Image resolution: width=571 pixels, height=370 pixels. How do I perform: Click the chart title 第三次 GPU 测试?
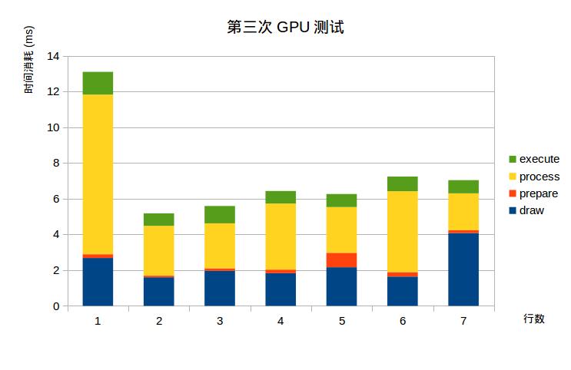pyautogui.click(x=285, y=28)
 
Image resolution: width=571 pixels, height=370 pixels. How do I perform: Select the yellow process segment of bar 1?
pyautogui.click(x=98, y=174)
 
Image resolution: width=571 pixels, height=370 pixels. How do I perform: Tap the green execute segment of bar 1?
pyautogui.click(x=98, y=83)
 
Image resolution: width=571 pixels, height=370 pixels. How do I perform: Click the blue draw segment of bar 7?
pyautogui.click(x=463, y=269)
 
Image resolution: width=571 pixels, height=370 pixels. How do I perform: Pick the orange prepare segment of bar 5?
pyautogui.click(x=341, y=260)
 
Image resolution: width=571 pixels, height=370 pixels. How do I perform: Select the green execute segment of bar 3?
pyautogui.click(x=220, y=214)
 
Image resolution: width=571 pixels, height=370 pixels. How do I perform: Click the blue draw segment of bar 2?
pyautogui.click(x=159, y=292)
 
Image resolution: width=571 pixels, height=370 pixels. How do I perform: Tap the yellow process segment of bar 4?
pyautogui.click(x=281, y=236)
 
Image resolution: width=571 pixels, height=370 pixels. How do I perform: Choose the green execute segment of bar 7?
pyautogui.click(x=463, y=187)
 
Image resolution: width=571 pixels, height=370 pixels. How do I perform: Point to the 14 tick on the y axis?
pyautogui.click(x=53, y=56)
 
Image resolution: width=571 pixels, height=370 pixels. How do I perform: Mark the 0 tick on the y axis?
pyautogui.click(x=55, y=306)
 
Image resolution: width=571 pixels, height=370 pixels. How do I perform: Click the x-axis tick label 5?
pyautogui.click(x=341, y=321)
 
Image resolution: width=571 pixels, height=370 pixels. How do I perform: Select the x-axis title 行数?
pyautogui.click(x=534, y=319)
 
